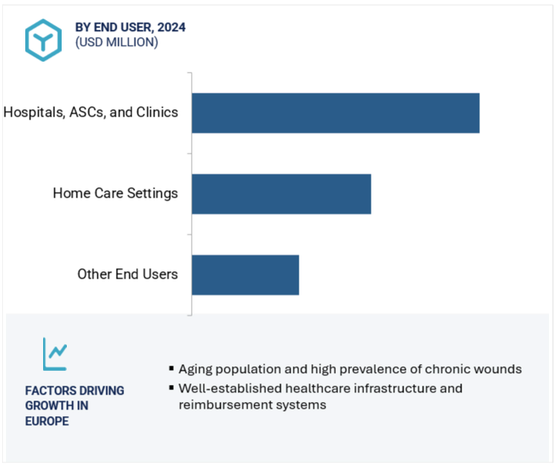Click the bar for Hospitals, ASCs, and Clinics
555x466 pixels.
[x=335, y=113]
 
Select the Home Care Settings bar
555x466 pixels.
[x=281, y=194]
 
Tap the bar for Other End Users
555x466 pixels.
[x=245, y=275]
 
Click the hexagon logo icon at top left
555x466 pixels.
[x=43, y=39]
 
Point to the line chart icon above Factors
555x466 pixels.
[x=54, y=355]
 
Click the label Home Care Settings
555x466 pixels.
[x=115, y=193]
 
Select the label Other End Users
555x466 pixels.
[x=127, y=274]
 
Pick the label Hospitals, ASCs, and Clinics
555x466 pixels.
[x=91, y=112]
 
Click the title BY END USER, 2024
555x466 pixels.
[x=130, y=27]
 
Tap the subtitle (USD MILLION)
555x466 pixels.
[x=116, y=42]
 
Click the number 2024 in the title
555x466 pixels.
[x=172, y=27]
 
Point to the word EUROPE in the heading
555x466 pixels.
[x=47, y=421]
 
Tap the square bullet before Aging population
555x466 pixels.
[x=172, y=369]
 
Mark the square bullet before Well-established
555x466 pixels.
[x=172, y=388]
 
